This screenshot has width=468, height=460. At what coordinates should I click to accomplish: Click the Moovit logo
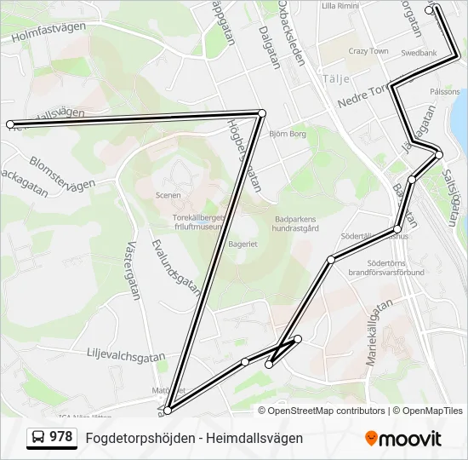(x=403, y=439)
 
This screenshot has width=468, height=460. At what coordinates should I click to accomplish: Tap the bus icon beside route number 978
(x=38, y=438)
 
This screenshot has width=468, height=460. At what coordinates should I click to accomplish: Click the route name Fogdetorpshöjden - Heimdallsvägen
(x=194, y=438)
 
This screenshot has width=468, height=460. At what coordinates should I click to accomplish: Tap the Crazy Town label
(x=368, y=52)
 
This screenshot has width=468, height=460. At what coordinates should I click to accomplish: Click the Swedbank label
(x=419, y=53)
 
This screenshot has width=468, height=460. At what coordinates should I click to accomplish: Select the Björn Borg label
(x=287, y=134)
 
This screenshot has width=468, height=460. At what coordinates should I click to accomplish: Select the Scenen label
(x=168, y=195)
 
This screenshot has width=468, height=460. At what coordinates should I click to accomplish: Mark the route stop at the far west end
(x=10, y=124)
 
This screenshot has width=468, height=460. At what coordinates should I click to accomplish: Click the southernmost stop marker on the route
(x=168, y=411)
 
